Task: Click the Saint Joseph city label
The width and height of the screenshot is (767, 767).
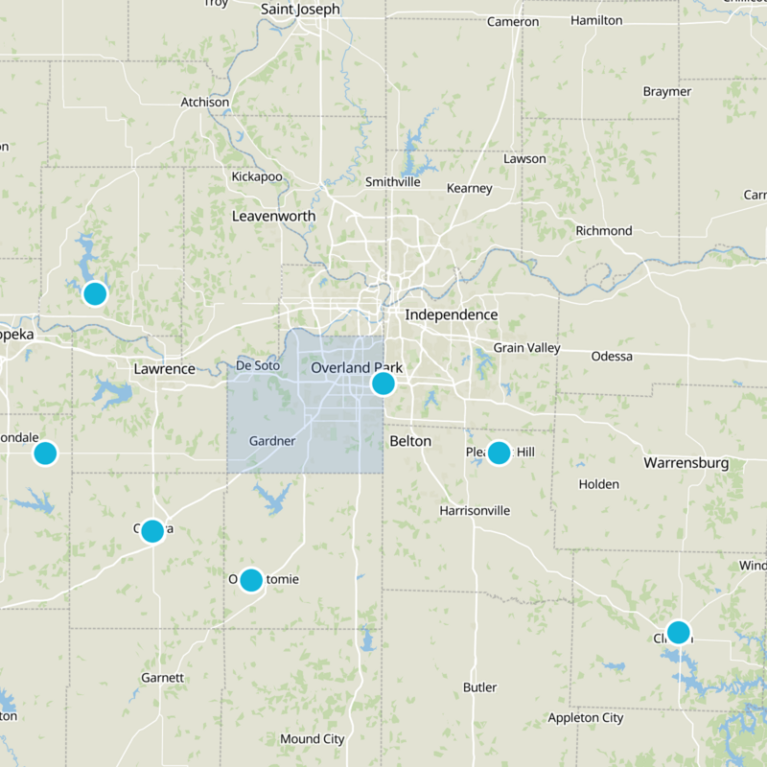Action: point(300,10)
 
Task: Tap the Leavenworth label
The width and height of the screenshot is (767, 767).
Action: point(273,217)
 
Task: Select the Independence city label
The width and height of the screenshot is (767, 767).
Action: point(451,314)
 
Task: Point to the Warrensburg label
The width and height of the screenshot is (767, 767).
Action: point(686,463)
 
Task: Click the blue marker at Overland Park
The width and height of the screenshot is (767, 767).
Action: point(383,383)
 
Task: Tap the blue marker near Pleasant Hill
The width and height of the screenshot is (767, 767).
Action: point(499,453)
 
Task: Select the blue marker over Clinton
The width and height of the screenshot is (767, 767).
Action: point(678,632)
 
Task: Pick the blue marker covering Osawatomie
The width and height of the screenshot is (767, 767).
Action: point(251,579)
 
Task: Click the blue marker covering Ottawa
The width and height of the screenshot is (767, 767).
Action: point(152,530)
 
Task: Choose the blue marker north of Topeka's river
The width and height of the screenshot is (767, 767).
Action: point(94,293)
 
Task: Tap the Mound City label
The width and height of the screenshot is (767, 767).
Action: point(312,739)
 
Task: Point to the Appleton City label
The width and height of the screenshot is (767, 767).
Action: point(585,718)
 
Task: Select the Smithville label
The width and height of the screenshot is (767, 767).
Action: point(393,182)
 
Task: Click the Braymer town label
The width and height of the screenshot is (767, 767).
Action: point(667,92)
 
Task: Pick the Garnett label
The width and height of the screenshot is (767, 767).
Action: point(162,677)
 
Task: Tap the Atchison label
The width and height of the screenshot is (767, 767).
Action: point(205,103)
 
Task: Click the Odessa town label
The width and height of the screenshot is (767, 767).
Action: point(613,357)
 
